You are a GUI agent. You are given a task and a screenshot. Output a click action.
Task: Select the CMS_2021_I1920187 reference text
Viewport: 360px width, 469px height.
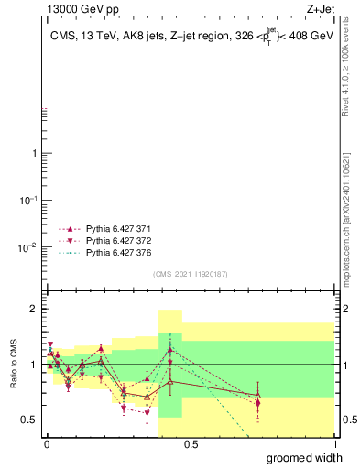190,274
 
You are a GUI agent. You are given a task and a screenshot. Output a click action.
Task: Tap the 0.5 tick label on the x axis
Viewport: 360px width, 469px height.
191,443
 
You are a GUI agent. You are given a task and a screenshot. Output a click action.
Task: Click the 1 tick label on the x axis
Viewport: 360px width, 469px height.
334,443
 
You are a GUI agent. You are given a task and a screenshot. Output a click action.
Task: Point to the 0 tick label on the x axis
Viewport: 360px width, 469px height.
47,443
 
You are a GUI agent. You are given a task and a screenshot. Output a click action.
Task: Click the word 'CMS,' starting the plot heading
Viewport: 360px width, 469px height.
66,38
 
